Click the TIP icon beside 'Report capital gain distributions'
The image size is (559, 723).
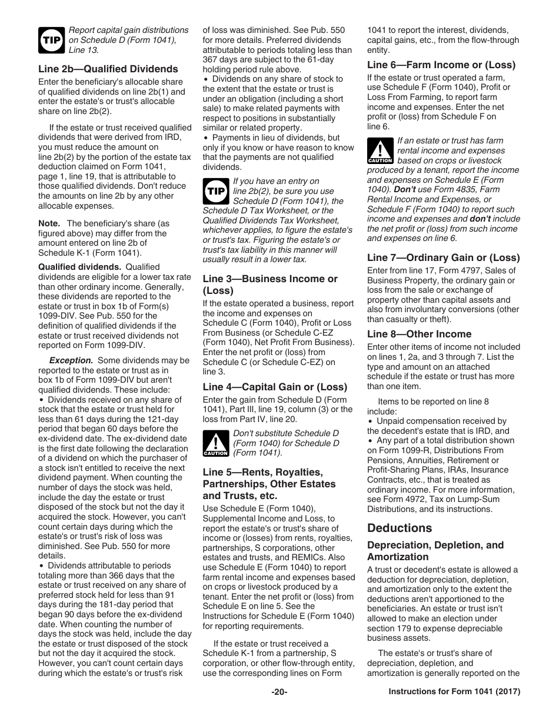coord(50,39)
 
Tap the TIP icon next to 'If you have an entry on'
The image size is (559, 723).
coord(215,191)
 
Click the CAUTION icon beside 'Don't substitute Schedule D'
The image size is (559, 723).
coord(215,443)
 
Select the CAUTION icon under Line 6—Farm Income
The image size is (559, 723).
coord(379,150)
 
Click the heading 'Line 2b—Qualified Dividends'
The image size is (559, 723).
coord(108,69)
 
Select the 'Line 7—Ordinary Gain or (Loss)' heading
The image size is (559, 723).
coord(443,257)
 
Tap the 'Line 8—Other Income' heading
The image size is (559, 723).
coord(419,334)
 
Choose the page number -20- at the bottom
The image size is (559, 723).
coord(279,692)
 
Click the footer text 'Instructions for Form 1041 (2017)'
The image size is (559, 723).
coord(454,692)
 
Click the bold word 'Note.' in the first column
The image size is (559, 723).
coord(49,223)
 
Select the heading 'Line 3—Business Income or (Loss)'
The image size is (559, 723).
coord(270,284)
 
